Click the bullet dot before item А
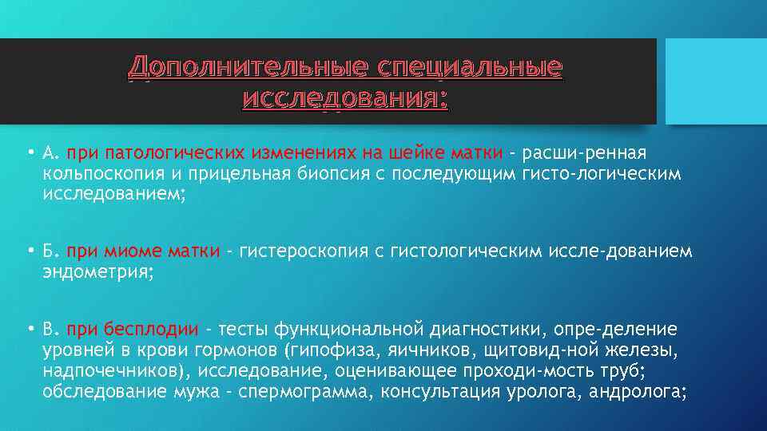[x=29, y=152]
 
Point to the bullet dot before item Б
[x=29, y=252]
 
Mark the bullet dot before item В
[x=29, y=328]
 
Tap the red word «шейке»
[x=412, y=153]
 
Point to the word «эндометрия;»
[x=97, y=273]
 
